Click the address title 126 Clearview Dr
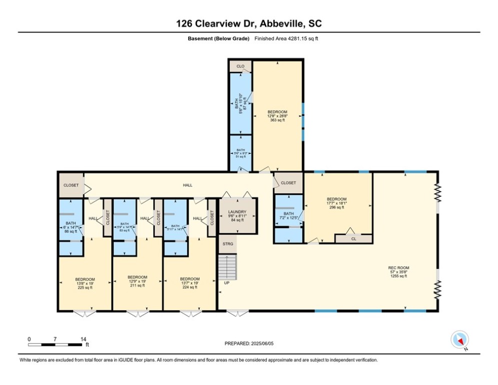click(x=249, y=24)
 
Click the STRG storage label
click(x=227, y=244)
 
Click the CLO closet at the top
click(x=240, y=66)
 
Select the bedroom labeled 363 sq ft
click(x=277, y=116)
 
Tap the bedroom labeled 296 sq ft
click(x=336, y=203)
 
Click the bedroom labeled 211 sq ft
click(x=137, y=281)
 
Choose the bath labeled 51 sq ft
click(x=240, y=153)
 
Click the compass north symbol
click(x=459, y=340)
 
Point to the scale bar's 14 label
click(x=83, y=339)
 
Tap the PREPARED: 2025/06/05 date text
click(x=249, y=343)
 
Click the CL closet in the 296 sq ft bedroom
click(x=353, y=239)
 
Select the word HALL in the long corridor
click(x=187, y=185)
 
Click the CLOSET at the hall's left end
click(x=71, y=185)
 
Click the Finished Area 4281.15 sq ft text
click(x=286, y=39)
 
